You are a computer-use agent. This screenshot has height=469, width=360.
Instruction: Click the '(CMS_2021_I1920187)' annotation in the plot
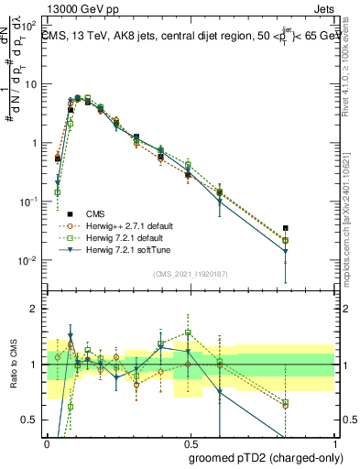(191, 274)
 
